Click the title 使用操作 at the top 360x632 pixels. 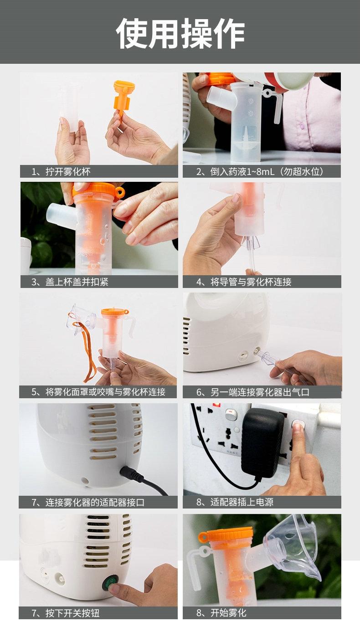point(180,33)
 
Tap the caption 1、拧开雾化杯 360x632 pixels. point(61,171)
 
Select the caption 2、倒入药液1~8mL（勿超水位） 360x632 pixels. point(260,171)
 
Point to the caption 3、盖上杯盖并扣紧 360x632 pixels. point(70,282)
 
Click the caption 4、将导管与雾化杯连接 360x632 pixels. point(244,282)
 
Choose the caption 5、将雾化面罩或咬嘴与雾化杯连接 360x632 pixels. point(98,391)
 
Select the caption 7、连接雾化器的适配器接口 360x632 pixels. point(88,502)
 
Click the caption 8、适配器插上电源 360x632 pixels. point(235,502)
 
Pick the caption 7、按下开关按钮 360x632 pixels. point(66,613)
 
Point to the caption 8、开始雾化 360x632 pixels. point(221,612)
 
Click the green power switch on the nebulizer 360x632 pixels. point(111,581)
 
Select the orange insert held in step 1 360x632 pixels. point(123,98)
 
